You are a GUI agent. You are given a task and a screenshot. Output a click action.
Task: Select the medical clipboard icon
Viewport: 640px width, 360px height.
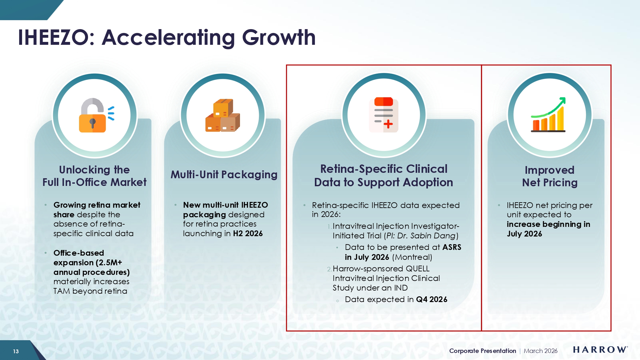pyautogui.click(x=384, y=115)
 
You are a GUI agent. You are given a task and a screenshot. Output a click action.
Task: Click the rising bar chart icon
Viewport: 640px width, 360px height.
pyautogui.click(x=548, y=115)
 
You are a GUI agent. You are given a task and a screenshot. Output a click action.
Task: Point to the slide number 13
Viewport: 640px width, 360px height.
pyautogui.click(x=16, y=351)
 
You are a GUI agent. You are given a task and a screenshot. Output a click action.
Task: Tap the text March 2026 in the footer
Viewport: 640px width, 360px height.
pyautogui.click(x=540, y=351)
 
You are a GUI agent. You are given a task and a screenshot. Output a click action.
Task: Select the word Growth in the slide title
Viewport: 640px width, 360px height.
pyautogui.click(x=279, y=37)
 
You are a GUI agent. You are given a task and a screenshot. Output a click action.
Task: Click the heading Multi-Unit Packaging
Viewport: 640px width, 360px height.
pyautogui.click(x=224, y=175)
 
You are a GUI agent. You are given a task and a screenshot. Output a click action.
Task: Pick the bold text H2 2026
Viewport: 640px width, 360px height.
pyautogui.click(x=248, y=234)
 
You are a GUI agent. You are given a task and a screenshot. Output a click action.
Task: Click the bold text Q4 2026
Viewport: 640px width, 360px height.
pyautogui.click(x=432, y=300)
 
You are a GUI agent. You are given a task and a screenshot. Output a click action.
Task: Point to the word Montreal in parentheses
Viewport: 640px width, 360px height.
pyautogui.click(x=412, y=257)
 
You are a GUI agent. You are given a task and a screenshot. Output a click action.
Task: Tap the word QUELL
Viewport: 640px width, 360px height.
pyautogui.click(x=418, y=269)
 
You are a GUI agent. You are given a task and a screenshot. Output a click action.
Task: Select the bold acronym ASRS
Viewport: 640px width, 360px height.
pyautogui.click(x=452, y=247)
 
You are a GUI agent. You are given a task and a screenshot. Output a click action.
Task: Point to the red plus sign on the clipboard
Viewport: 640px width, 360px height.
pyautogui.click(x=388, y=124)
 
